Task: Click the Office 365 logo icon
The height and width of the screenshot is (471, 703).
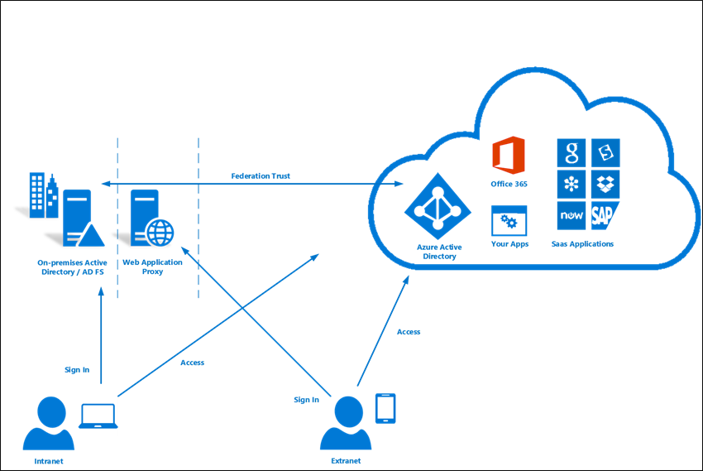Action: [509, 155]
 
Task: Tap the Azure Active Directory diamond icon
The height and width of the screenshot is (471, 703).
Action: [438, 206]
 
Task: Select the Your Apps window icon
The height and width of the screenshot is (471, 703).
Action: [509, 221]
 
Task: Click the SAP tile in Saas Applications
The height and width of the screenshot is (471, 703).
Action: [605, 215]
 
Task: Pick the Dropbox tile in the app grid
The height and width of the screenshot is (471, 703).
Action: [605, 184]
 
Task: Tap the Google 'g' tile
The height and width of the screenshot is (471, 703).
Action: [571, 152]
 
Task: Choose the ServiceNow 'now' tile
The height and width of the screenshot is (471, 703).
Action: [571, 215]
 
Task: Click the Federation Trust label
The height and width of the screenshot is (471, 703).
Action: [261, 175]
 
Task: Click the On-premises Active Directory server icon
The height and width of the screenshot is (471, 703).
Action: [84, 218]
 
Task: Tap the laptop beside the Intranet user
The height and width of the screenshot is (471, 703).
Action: [98, 416]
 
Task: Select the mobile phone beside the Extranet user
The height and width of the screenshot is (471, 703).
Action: [385, 408]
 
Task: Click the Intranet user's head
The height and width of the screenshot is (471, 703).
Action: [51, 411]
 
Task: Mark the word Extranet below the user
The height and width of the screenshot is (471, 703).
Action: [346, 461]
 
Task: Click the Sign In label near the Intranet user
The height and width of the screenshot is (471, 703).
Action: [77, 370]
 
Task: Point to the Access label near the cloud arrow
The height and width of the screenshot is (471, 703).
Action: [409, 332]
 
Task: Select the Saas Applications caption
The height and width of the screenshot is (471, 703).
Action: [582, 244]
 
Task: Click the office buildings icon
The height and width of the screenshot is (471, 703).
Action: [44, 195]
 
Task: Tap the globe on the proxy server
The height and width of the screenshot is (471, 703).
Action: [160, 233]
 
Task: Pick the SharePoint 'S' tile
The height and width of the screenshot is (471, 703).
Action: [605, 152]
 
